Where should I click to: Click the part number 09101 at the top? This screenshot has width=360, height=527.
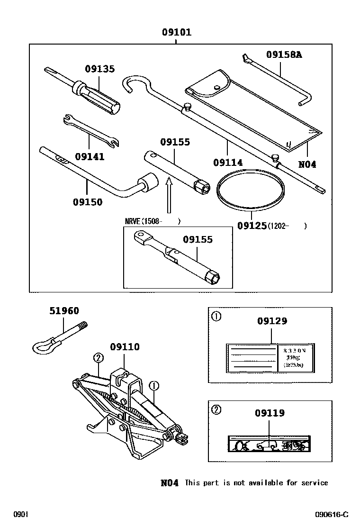pos(176,33)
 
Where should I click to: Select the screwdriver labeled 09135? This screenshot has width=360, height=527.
pos(97,94)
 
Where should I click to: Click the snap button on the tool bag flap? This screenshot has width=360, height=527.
pos(217,86)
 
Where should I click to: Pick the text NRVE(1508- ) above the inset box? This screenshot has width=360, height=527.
pos(152,221)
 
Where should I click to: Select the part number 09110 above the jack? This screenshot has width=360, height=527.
pos(125,347)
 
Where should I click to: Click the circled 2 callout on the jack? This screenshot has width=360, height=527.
pos(98,358)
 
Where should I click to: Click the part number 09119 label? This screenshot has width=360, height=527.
pos(270,413)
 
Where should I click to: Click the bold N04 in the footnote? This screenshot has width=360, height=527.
pos(170,482)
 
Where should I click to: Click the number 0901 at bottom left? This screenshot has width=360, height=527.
pos(21,515)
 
